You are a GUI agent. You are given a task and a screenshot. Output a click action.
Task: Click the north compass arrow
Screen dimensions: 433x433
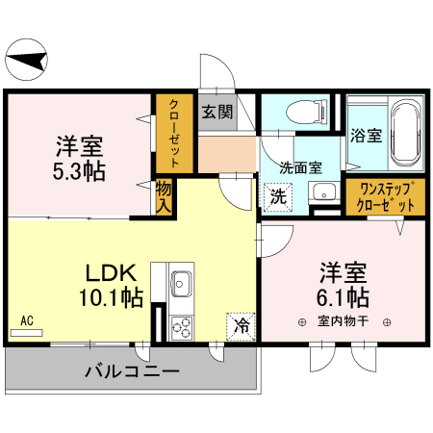(27, 63)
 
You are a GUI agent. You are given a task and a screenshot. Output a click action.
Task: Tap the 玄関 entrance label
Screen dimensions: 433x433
(216, 111)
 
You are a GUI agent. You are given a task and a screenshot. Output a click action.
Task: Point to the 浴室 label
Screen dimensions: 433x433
(365, 136)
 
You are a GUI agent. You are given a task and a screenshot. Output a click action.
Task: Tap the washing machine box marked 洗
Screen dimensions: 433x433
(277, 195)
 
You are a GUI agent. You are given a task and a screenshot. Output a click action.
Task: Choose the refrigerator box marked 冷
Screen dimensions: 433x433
(241, 324)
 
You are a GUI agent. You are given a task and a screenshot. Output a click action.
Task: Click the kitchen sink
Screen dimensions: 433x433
(182, 284)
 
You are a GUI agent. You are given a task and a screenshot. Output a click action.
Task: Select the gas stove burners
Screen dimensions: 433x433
(182, 326)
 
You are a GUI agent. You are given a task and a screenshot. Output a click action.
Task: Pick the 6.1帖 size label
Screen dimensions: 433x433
(344, 293)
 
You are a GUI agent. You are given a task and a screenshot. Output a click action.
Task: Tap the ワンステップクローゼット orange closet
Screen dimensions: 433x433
(386, 197)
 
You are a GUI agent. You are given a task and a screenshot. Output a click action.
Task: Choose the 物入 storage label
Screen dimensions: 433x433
(164, 197)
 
